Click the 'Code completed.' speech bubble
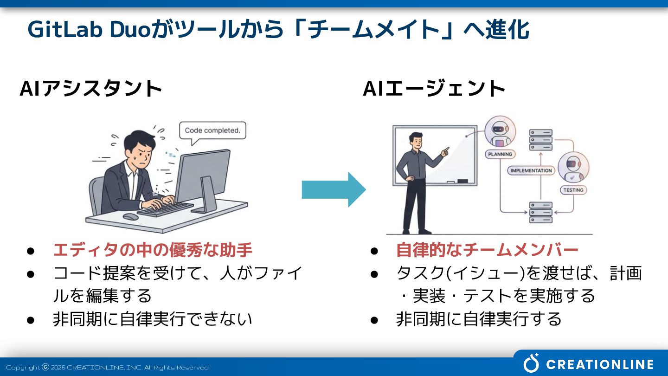coord(212,130)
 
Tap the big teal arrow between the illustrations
coord(334,189)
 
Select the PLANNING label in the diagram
coord(500,154)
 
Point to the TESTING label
coord(573,190)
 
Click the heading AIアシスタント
coord(91,88)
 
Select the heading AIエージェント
coord(434,88)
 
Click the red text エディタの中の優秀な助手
coord(153,250)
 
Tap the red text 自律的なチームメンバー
coord(487,250)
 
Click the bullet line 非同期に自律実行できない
coord(153,319)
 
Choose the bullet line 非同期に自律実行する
coord(479,319)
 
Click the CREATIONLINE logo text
coord(600,364)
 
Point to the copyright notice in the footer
coord(107,368)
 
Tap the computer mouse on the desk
coord(130,217)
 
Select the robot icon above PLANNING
coord(500,132)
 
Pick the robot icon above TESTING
coord(573,167)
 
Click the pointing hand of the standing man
coord(445,151)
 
